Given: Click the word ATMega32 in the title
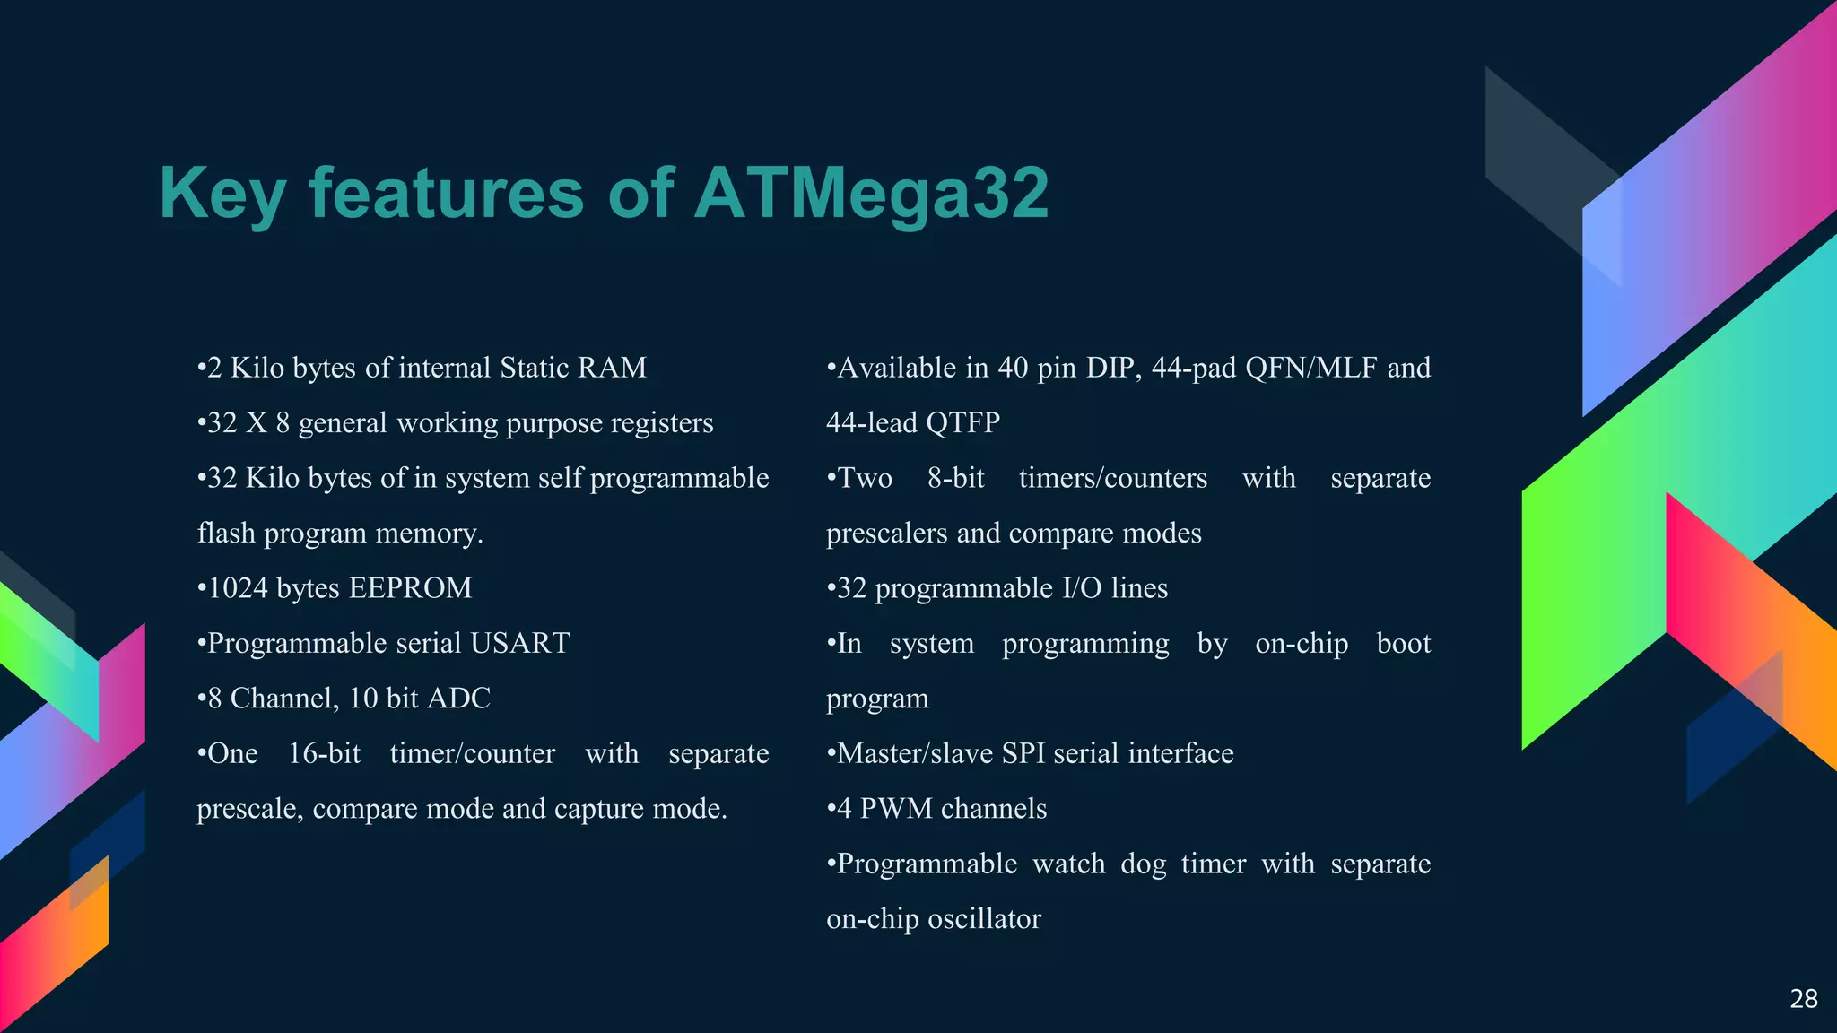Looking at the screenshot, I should pyautogui.click(x=870, y=193).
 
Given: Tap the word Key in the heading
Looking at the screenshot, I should pyautogui.click(x=222, y=195).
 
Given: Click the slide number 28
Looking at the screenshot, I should pyautogui.click(x=1803, y=999).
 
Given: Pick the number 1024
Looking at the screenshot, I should pyautogui.click(x=238, y=588).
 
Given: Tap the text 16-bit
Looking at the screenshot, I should pyautogui.click(x=324, y=753).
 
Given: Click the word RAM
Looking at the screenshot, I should pyautogui.click(x=612, y=368).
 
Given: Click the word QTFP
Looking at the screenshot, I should pyautogui.click(x=962, y=422).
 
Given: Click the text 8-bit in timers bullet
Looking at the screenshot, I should pyautogui.click(x=955, y=478).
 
